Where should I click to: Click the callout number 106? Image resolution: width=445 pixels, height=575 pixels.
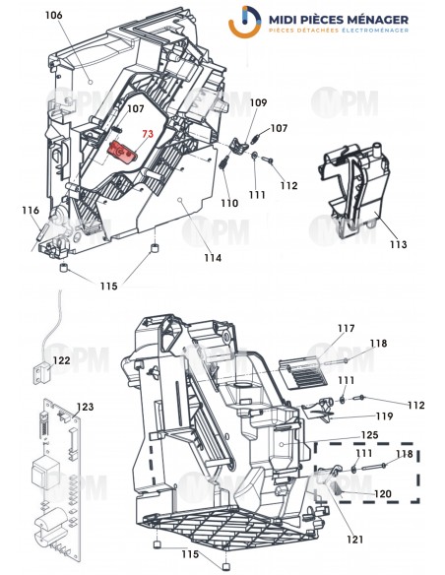tap(53, 16)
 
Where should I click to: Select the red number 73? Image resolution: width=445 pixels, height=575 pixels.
tap(148, 134)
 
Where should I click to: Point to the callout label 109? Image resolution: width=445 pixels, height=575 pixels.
tap(257, 102)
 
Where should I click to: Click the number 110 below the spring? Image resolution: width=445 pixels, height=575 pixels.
tap(228, 204)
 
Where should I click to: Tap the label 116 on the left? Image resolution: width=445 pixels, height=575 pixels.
tap(31, 210)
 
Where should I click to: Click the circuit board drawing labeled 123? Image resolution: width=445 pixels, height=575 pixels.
tap(52, 473)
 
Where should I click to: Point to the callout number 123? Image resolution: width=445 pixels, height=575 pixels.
tap(86, 406)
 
